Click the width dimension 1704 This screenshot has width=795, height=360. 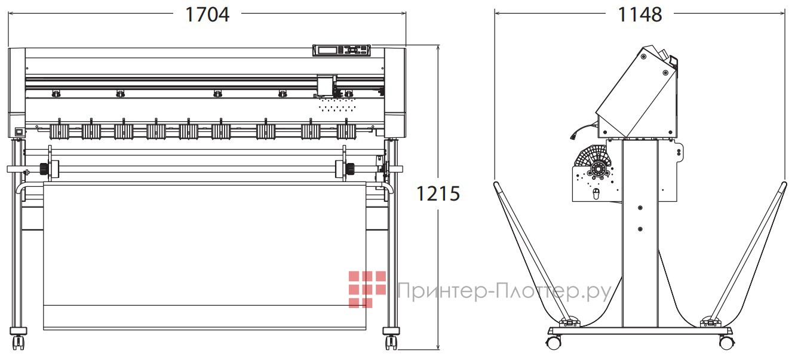point(207,14)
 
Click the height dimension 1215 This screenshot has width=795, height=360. point(438,193)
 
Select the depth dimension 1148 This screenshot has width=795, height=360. point(640,14)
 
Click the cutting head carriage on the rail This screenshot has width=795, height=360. point(326,85)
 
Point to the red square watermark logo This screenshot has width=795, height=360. point(367,289)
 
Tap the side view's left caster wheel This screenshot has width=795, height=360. point(553,343)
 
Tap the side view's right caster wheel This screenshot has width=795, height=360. point(726,343)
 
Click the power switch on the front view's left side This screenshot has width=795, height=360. point(18,132)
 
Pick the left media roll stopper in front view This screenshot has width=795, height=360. point(45,168)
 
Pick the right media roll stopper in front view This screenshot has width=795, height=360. point(346,168)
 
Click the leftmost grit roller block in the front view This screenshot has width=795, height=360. point(59,131)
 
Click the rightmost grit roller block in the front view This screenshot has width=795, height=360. point(346,131)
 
